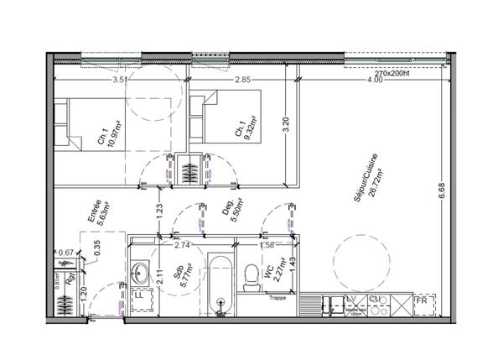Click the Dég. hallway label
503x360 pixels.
point(227,212)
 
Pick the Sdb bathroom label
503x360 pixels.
point(178,277)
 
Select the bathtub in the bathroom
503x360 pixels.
point(219,285)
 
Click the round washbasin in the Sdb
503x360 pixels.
point(138,272)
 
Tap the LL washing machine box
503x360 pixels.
point(139,295)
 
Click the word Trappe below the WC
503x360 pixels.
point(277,298)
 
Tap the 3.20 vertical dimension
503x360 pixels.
point(285,126)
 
